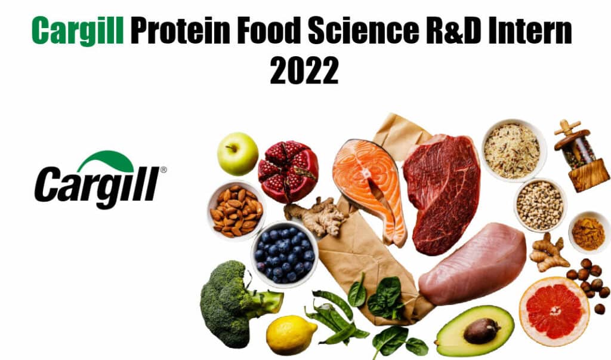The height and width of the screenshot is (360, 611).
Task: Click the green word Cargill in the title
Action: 78,30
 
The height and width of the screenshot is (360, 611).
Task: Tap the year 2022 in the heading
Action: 304,71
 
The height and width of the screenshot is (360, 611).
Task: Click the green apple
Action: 237,153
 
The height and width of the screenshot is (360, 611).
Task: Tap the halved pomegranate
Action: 288,171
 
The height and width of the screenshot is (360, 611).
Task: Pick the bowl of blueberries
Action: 284,253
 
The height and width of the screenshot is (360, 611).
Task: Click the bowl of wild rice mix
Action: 511,151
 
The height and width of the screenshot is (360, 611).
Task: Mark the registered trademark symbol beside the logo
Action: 163,170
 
